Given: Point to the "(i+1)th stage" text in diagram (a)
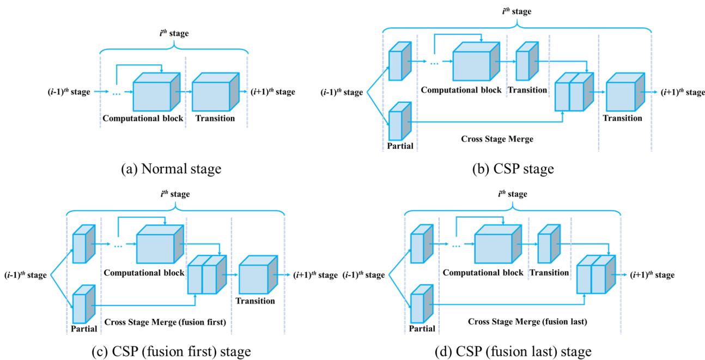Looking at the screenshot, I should [x=272, y=92].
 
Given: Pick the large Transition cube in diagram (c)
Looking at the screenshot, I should [x=256, y=275].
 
